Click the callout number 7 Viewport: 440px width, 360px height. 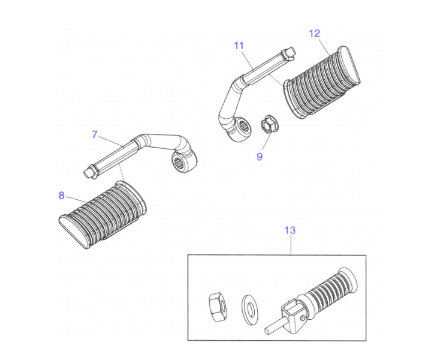click(x=95, y=134)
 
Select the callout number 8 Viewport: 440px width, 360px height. click(x=62, y=195)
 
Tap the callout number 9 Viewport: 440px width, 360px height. click(x=260, y=157)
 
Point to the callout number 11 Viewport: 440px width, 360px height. click(x=239, y=46)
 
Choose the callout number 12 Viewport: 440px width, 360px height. click(x=315, y=33)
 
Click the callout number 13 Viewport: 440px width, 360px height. click(x=290, y=230)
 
